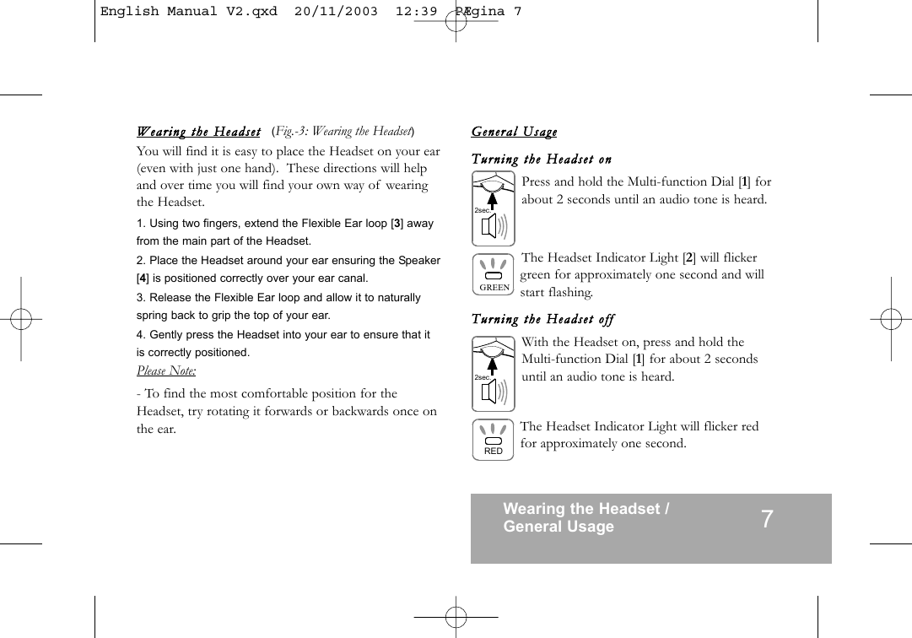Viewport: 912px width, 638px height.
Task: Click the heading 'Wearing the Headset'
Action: [199, 132]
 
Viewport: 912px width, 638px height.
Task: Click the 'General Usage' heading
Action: [514, 132]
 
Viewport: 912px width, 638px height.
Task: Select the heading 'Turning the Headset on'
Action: [541, 159]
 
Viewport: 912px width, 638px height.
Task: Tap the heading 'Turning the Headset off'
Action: [542, 319]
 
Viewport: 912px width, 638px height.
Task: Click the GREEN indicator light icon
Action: [494, 273]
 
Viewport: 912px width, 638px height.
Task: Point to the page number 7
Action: [766, 519]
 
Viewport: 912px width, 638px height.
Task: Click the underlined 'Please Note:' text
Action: [166, 371]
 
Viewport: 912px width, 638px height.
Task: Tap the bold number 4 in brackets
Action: [143, 278]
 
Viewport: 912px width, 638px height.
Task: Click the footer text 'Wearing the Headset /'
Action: [586, 509]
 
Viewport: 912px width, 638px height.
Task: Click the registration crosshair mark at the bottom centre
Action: [456, 618]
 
